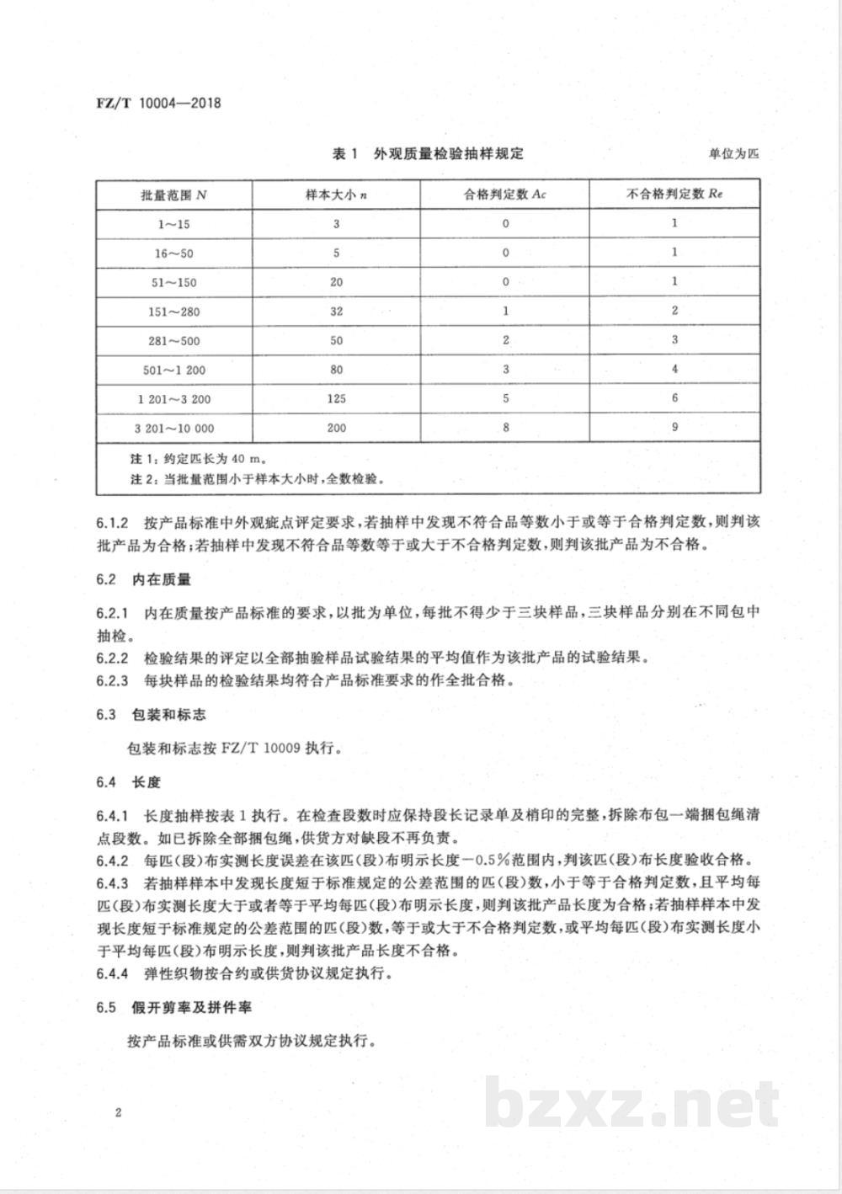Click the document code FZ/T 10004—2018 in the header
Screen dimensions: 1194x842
(x=157, y=104)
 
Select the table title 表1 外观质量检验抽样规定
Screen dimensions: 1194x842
(x=429, y=153)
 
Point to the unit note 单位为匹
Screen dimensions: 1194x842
(x=734, y=154)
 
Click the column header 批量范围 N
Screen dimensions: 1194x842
(x=173, y=195)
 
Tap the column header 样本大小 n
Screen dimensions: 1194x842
(x=336, y=195)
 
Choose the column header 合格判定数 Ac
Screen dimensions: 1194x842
(x=505, y=195)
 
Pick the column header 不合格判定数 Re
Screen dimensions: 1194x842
(x=675, y=194)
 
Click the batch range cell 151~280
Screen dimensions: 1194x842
(x=173, y=312)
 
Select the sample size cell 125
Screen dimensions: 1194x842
(x=336, y=398)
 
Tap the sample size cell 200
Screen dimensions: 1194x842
(x=336, y=428)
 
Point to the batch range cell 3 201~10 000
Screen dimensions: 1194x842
(x=173, y=428)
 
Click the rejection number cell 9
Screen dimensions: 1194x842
(x=674, y=427)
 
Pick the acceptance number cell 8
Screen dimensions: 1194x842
(x=505, y=428)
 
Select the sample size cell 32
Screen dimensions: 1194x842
(x=336, y=312)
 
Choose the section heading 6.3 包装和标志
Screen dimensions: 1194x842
(x=151, y=715)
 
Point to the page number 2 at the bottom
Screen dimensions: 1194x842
(x=119, y=1112)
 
